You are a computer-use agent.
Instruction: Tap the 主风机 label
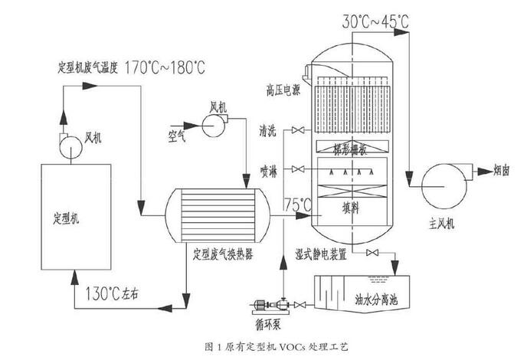click(442, 224)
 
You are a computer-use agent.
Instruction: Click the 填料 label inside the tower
click(354, 206)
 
